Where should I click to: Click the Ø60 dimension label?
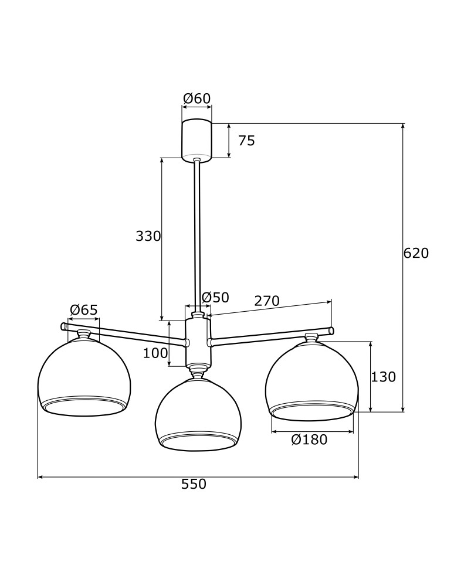(x=196, y=98)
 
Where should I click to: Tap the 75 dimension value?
(x=246, y=141)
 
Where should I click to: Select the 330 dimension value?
(x=148, y=236)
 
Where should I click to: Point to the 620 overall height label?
(x=416, y=253)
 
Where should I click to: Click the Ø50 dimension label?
(x=215, y=298)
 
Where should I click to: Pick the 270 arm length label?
(x=267, y=301)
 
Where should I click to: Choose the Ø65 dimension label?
(x=84, y=310)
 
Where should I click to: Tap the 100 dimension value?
(x=155, y=353)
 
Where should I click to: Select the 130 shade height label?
(x=384, y=377)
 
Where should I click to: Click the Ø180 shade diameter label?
(x=309, y=439)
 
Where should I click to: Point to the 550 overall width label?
(x=194, y=484)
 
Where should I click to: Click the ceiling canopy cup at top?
(x=196, y=139)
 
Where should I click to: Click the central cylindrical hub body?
(x=198, y=343)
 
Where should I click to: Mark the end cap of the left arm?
(x=63, y=326)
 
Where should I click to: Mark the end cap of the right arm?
(x=331, y=331)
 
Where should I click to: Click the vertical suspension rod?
(x=197, y=234)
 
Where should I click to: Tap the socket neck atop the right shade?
(x=311, y=338)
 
